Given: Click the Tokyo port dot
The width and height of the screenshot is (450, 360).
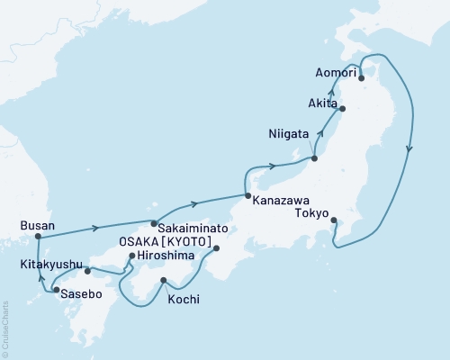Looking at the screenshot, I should (x=334, y=220).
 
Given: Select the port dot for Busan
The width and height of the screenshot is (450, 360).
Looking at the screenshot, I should (x=38, y=238).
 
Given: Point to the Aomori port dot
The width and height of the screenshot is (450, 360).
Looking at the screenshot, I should (x=362, y=78).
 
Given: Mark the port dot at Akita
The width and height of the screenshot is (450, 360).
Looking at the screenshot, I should (x=342, y=110).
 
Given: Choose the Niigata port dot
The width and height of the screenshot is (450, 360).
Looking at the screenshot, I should (x=315, y=158).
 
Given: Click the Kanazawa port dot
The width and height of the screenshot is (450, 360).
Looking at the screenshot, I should (x=247, y=195).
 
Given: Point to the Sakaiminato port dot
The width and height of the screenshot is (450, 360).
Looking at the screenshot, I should (x=154, y=223).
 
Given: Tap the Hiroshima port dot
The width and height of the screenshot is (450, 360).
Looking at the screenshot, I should (x=132, y=256).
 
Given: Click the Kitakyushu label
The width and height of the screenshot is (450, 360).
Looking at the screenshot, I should (x=49, y=265).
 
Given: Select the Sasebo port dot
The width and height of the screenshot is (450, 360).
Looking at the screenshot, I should (x=57, y=290).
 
